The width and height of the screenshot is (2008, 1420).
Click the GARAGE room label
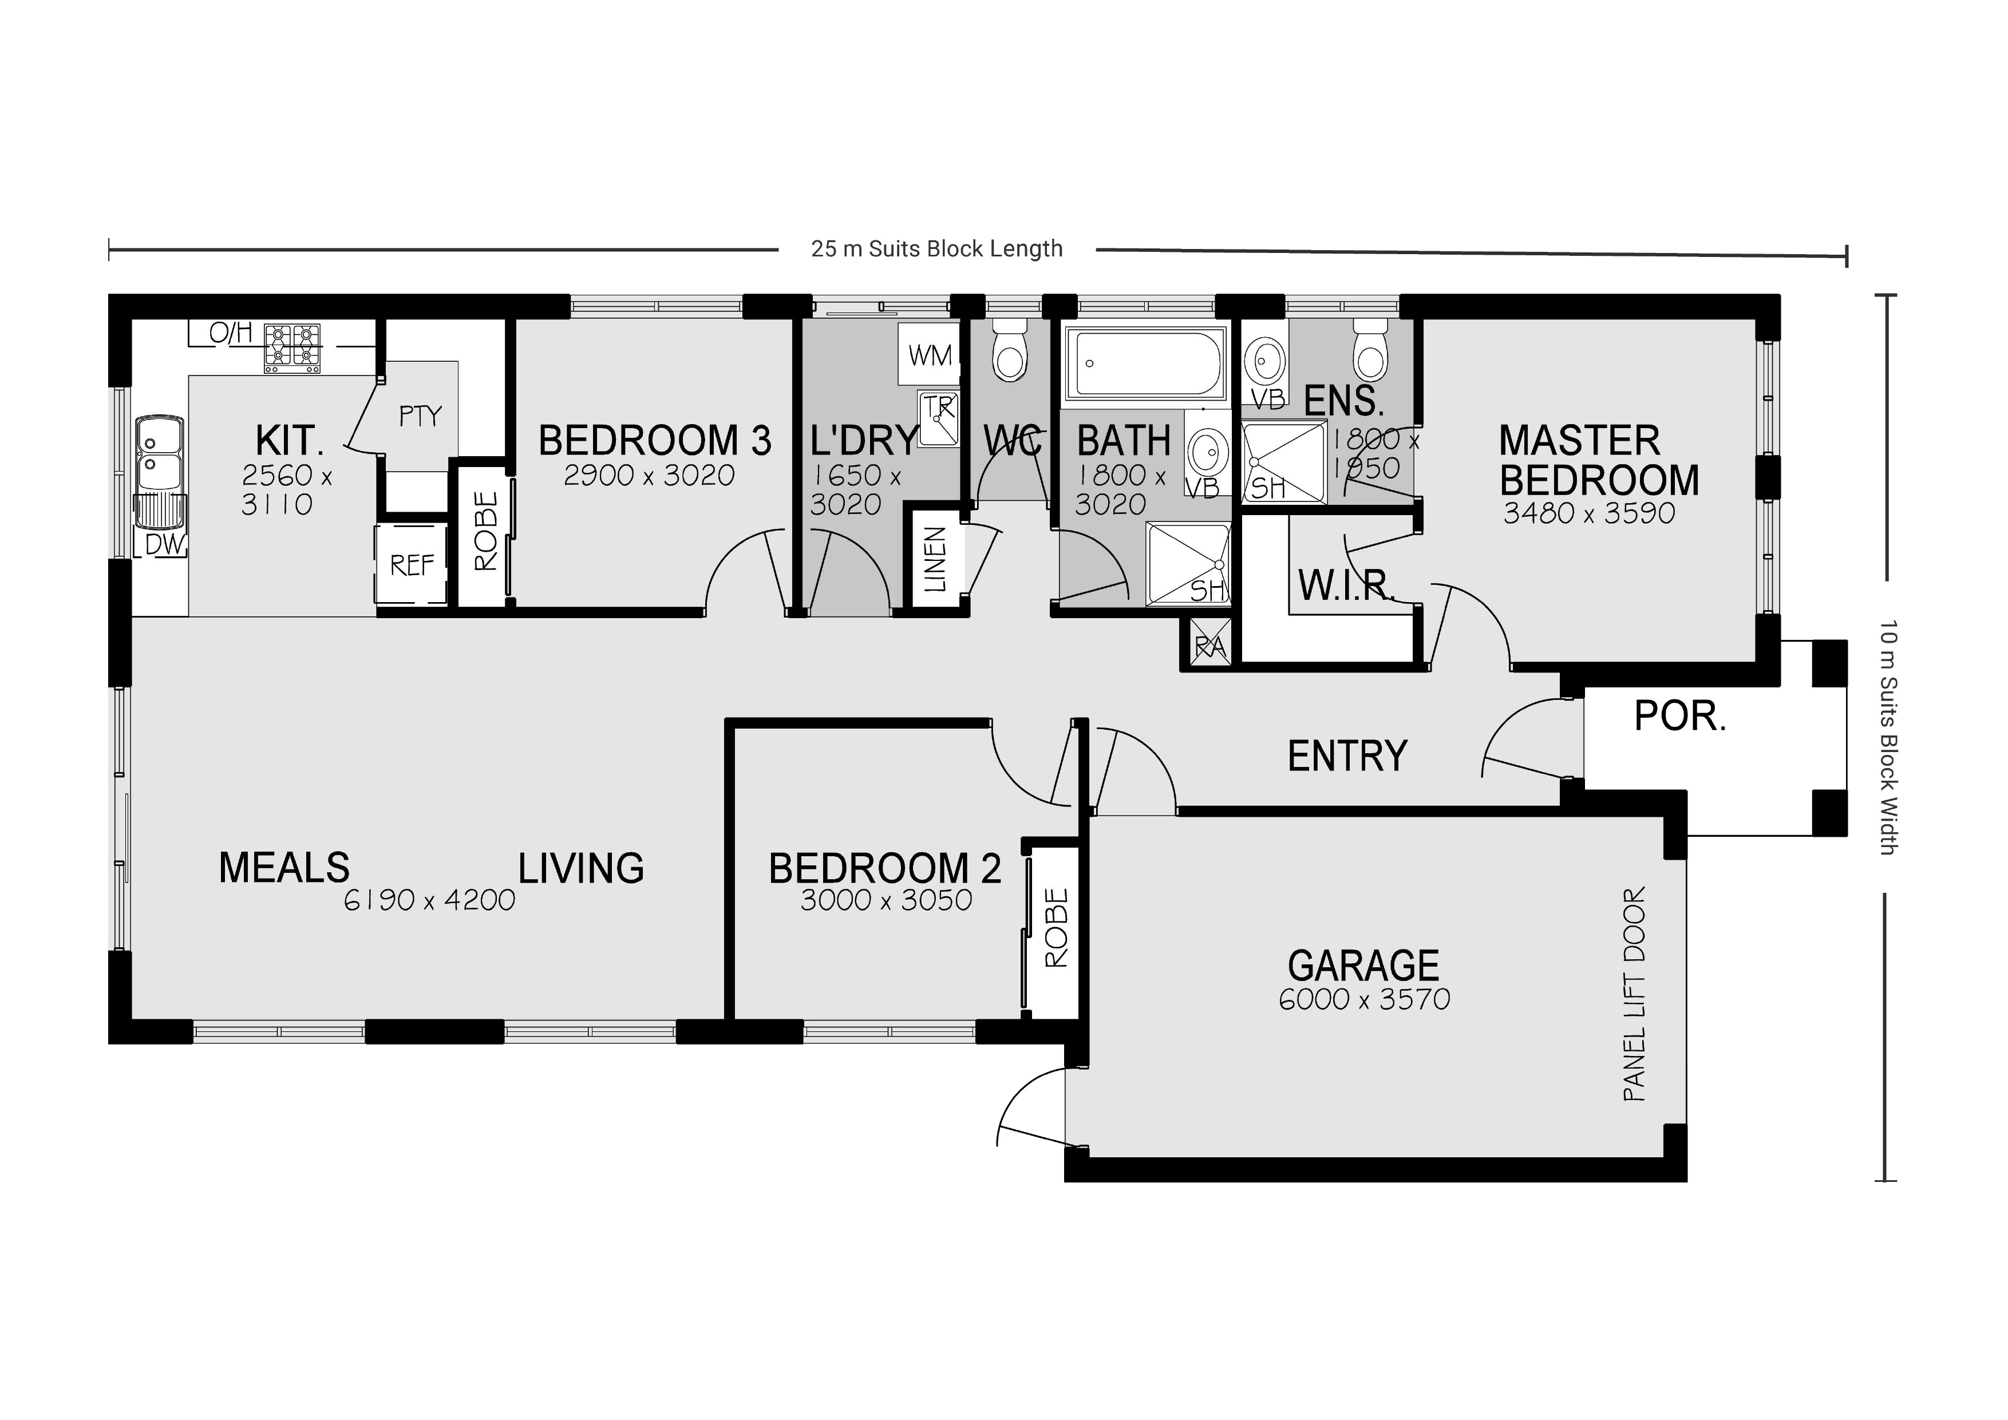(x=1362, y=966)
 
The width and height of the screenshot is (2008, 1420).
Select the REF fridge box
(x=411, y=565)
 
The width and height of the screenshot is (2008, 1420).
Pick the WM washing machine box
(x=929, y=355)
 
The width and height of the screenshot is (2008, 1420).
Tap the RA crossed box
(x=1209, y=645)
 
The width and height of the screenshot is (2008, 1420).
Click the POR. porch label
(x=1679, y=717)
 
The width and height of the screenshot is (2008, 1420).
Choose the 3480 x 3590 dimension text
(x=1588, y=513)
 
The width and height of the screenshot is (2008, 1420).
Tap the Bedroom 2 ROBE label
(x=1057, y=928)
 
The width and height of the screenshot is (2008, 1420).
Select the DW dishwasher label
(x=164, y=545)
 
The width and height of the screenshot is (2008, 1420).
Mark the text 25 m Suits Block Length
(x=936, y=249)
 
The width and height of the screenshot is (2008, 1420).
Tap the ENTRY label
(x=1347, y=756)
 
